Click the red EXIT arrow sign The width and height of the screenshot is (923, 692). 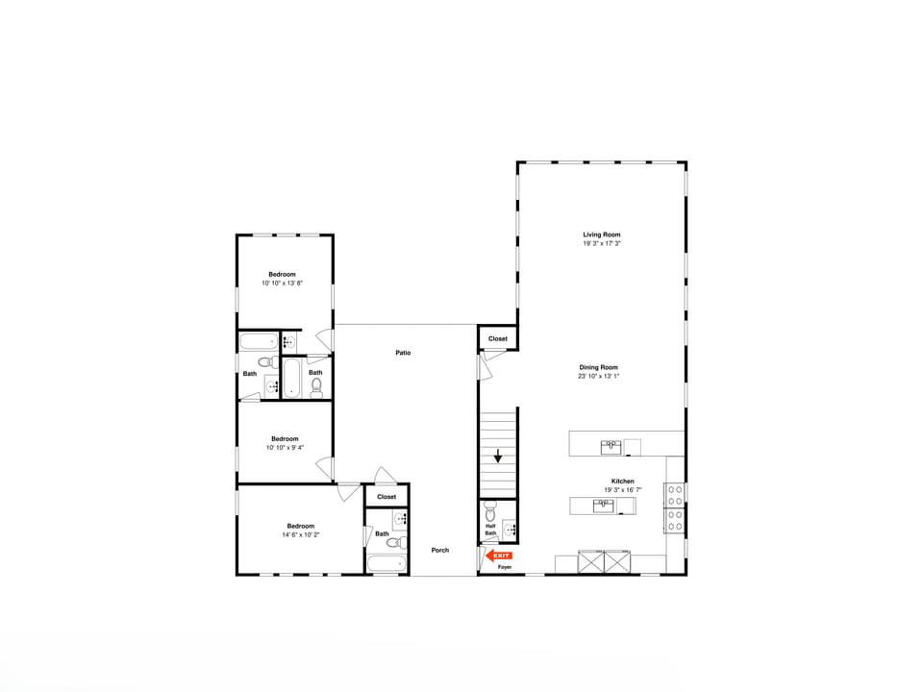point(501,556)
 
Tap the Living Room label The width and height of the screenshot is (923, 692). point(602,235)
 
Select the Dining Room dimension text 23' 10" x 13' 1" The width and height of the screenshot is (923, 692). point(599,377)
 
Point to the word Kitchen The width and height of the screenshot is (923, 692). point(622,481)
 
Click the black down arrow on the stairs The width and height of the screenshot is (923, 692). point(497,457)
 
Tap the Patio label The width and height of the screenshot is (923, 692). point(403,353)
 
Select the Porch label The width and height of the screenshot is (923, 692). point(439,550)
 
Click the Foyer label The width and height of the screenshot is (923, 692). point(505,567)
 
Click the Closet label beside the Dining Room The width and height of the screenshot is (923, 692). point(498,338)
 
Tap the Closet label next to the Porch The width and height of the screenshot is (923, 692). point(387,497)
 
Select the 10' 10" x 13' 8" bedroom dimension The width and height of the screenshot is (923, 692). point(282,284)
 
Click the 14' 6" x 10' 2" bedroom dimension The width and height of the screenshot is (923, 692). point(300,534)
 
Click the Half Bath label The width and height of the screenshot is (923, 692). point(490,530)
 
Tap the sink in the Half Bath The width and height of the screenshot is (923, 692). point(510,528)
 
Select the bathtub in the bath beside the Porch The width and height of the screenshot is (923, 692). point(386,563)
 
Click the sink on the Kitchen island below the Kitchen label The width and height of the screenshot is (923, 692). point(604,506)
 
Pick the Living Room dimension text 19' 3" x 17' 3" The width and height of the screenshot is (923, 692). point(602,244)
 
